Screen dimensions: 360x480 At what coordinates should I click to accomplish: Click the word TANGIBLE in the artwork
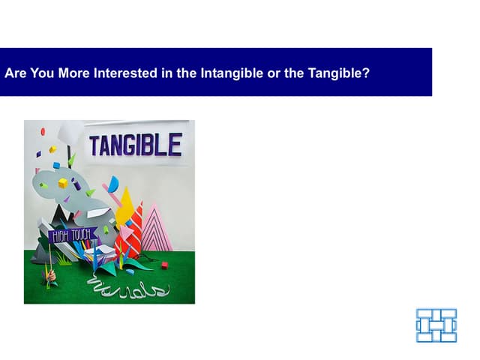pos(135,145)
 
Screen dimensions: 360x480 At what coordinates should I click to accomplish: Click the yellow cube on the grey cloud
pos(63,183)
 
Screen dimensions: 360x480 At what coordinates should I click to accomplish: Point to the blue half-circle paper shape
pos(113,184)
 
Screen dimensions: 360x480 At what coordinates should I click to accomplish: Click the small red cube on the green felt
pos(164,265)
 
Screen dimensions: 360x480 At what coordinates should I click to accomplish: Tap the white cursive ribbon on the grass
pos(127,287)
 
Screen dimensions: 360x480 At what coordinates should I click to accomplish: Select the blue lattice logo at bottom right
pos(436,325)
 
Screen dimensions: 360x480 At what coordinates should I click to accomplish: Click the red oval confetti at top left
pos(43,132)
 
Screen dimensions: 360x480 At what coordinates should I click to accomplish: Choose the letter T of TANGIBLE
pos(96,145)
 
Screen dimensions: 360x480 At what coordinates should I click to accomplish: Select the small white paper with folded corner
pos(108,250)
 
